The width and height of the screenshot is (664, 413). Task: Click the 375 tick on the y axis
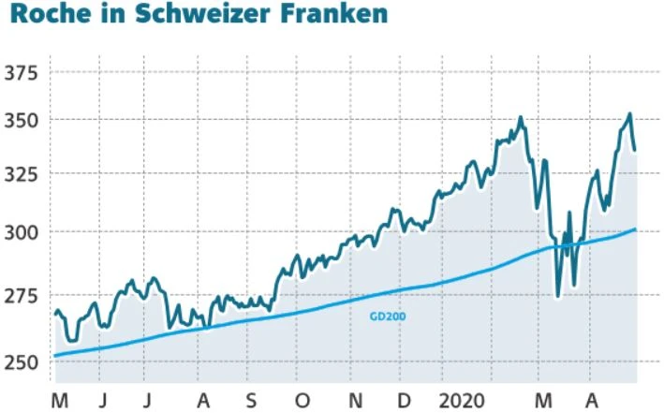22,74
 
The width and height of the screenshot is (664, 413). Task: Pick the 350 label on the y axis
22,122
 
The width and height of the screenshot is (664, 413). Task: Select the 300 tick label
22,232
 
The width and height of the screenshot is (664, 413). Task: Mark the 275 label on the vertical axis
22,296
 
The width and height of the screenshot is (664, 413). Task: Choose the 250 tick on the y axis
22,362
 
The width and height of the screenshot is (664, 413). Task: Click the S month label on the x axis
251,401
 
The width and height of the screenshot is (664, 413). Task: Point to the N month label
354,401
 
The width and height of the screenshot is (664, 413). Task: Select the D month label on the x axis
404,401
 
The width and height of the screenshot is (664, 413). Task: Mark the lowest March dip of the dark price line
558,296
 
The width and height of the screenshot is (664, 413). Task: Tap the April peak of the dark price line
629,114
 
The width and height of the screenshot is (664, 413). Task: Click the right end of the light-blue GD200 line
636,229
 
